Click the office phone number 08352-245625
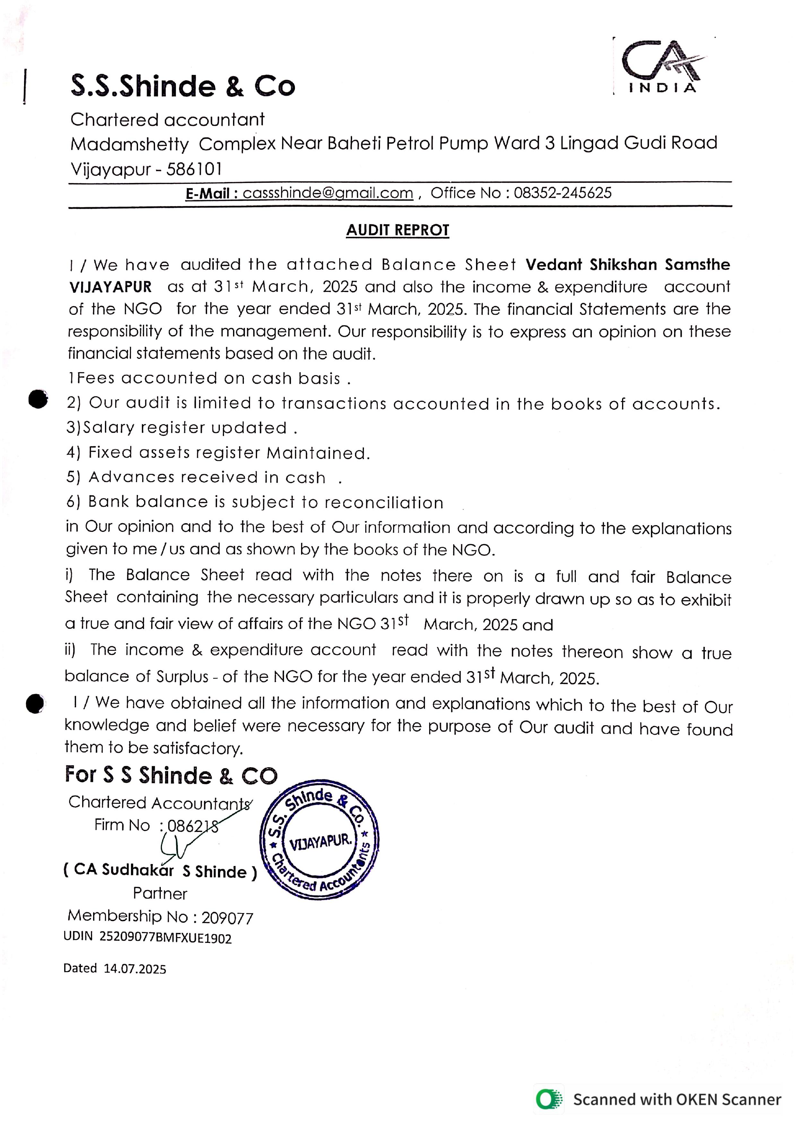[x=563, y=193]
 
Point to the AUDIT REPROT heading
[x=397, y=230]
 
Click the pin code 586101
[x=194, y=169]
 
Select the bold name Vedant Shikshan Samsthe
[x=627, y=264]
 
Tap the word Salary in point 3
[x=108, y=428]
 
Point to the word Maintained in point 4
[x=317, y=453]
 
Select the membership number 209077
[x=227, y=918]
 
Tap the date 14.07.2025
[x=135, y=969]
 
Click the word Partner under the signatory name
[x=160, y=894]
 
